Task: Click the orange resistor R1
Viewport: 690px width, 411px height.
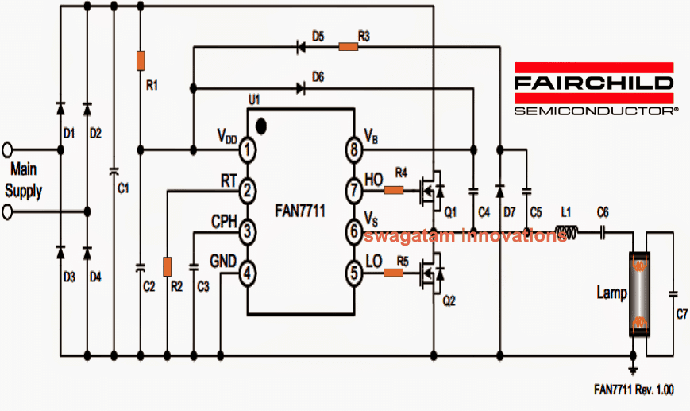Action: (141, 60)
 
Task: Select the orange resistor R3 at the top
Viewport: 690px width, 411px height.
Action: (348, 47)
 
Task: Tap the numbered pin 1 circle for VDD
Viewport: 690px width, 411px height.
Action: (248, 149)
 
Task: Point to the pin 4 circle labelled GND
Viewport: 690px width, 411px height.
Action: (248, 273)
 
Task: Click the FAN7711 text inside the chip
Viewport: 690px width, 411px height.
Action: (301, 211)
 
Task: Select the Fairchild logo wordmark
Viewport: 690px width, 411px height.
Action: (594, 83)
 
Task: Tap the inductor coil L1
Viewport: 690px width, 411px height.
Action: (566, 233)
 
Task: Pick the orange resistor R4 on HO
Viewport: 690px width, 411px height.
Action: (394, 190)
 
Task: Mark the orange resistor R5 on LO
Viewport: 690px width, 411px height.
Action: (394, 273)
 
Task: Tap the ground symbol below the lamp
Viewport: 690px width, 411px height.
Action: (633, 370)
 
